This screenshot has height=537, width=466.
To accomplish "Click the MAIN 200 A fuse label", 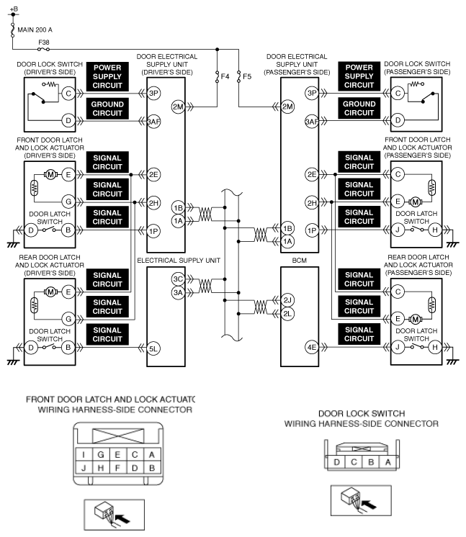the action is pos(35,30).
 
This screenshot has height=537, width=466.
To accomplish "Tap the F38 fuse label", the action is pos(43,42).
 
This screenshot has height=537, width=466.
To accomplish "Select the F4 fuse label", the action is pos(225,76).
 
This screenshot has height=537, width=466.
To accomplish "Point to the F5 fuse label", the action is pos(247,76).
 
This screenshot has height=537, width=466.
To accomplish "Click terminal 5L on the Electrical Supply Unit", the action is pos(153,348).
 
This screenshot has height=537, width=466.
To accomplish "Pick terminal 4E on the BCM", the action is pos(312,348).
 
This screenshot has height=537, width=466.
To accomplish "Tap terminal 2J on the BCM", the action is pos(287,300).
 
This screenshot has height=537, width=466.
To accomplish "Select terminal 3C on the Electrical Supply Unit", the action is pos(178,279).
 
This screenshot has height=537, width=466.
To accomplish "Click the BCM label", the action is pos(299,261).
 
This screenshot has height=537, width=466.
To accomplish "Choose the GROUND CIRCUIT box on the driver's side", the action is pos(107,109).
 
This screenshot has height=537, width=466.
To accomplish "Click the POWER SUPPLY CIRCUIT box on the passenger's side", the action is pos(359,76).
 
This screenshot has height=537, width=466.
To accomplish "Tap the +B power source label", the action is pos(14,9).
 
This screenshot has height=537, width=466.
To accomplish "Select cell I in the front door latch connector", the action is pos(84,454).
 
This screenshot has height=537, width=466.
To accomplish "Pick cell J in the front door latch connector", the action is pos(84,468).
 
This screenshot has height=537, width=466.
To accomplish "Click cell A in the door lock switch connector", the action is pos(388,462).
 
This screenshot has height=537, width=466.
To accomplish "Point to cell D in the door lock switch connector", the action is pos(337,462).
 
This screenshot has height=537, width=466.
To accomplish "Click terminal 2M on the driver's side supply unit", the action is pos(178,107).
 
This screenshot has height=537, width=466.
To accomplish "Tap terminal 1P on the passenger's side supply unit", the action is pos(312,230).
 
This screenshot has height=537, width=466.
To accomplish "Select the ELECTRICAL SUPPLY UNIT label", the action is pos(179,261).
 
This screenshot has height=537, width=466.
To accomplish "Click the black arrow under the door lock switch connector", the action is pos(369,504).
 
